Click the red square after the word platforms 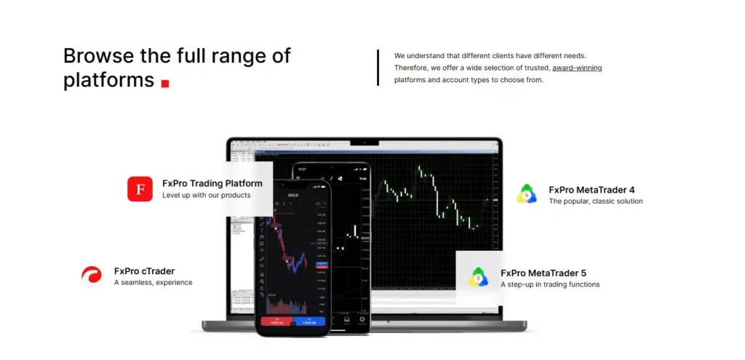[165, 84]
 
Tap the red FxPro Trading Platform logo [140, 188]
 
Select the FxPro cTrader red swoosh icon [92, 276]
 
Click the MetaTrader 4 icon [527, 194]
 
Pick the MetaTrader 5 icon [478, 277]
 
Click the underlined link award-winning [577, 68]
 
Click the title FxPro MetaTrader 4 [591, 189]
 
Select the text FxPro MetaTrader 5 [543, 273]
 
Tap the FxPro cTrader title [144, 271]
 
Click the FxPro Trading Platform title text [212, 183]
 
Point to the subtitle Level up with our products [206, 195]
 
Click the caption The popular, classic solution [595, 201]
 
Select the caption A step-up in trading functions [549, 284]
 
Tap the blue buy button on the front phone [310, 321]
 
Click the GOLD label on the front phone [293, 195]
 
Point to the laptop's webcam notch [364, 141]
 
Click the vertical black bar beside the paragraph [378, 68]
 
